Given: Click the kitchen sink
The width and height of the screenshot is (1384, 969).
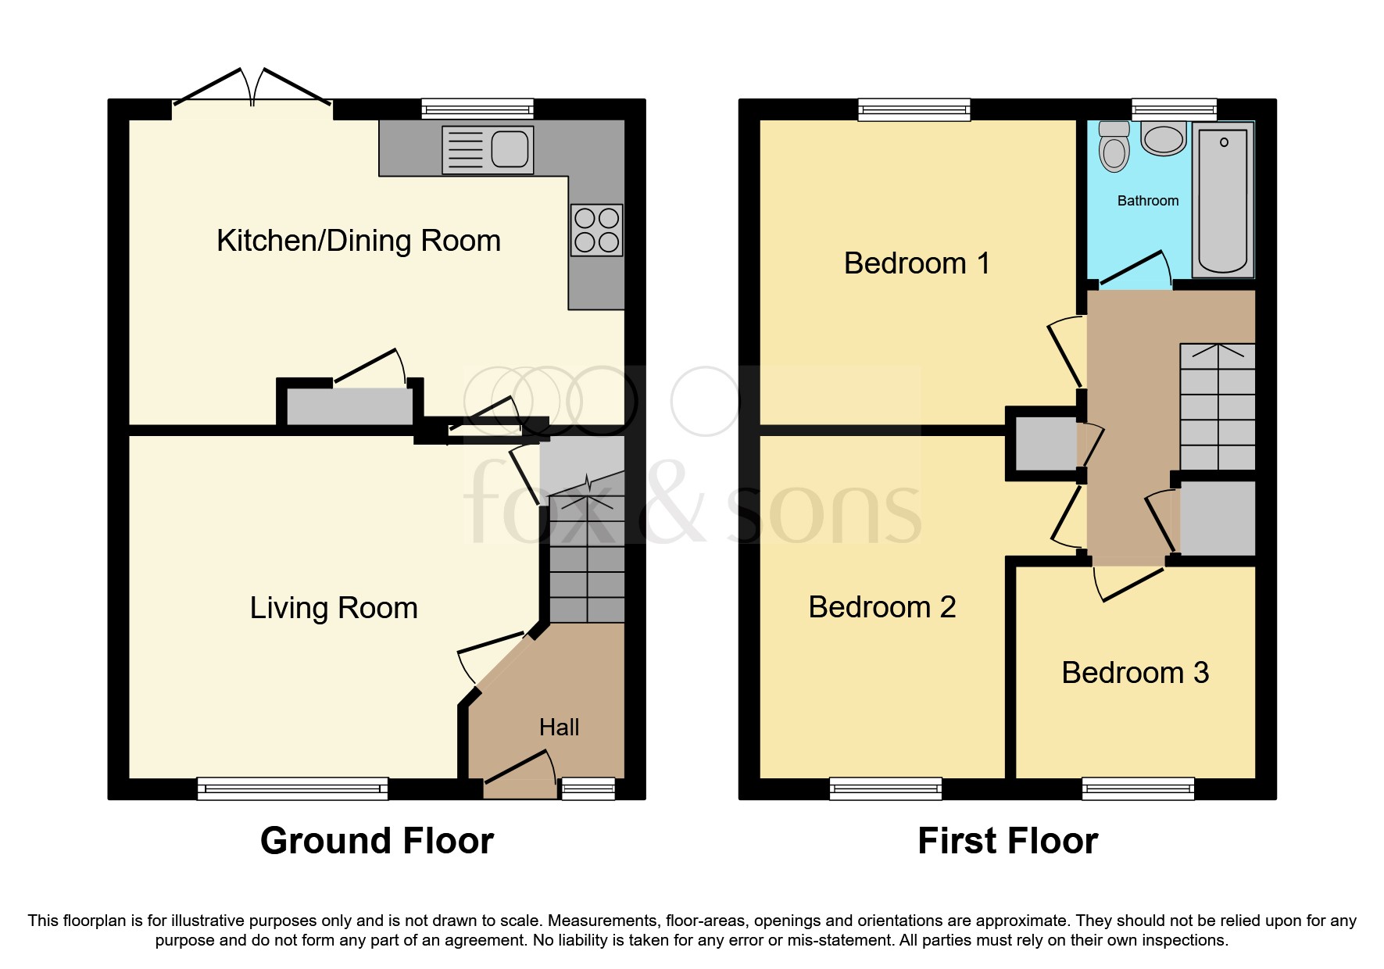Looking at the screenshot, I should (x=488, y=149).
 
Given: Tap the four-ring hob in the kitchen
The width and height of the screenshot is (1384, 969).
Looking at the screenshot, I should (x=597, y=230).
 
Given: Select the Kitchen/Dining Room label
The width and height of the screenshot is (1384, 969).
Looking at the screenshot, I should (x=359, y=241).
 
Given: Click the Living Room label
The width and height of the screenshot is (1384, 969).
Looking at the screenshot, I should (x=334, y=608).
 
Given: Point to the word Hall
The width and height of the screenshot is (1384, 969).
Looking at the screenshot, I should (x=559, y=728).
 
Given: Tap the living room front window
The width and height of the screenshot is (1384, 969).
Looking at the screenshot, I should (x=292, y=788).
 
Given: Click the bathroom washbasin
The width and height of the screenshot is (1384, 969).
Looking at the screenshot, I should (x=1164, y=138).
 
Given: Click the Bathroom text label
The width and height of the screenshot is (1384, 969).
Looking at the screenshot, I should (x=1147, y=201).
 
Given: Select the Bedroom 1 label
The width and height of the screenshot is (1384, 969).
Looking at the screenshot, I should (x=917, y=263).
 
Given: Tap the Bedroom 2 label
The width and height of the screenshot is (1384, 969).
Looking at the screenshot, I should (x=882, y=607).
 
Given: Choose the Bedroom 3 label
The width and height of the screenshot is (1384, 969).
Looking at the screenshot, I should (x=1135, y=673).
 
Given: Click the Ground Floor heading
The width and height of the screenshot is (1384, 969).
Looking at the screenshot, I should (x=377, y=842).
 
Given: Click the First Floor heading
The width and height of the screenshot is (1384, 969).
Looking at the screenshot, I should (x=1007, y=842).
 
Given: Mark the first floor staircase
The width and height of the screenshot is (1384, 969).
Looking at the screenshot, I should (x=1217, y=406).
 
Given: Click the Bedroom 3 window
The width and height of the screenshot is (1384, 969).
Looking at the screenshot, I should (x=1138, y=788).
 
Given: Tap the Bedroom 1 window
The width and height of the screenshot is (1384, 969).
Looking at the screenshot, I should (x=914, y=109).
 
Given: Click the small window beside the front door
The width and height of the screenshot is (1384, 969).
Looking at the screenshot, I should (x=588, y=788).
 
